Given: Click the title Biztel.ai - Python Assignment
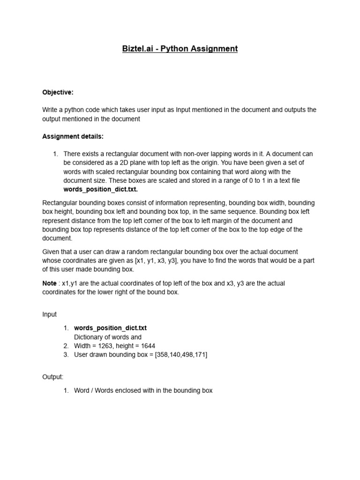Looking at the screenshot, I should click(x=180, y=49).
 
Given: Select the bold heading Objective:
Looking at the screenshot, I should click(x=58, y=92).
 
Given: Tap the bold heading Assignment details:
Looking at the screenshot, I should click(x=73, y=136).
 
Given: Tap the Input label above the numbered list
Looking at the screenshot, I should click(x=49, y=315).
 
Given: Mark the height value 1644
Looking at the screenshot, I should click(x=146, y=346).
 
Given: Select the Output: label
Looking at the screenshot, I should click(x=52, y=377).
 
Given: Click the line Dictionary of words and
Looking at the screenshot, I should click(x=108, y=337).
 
